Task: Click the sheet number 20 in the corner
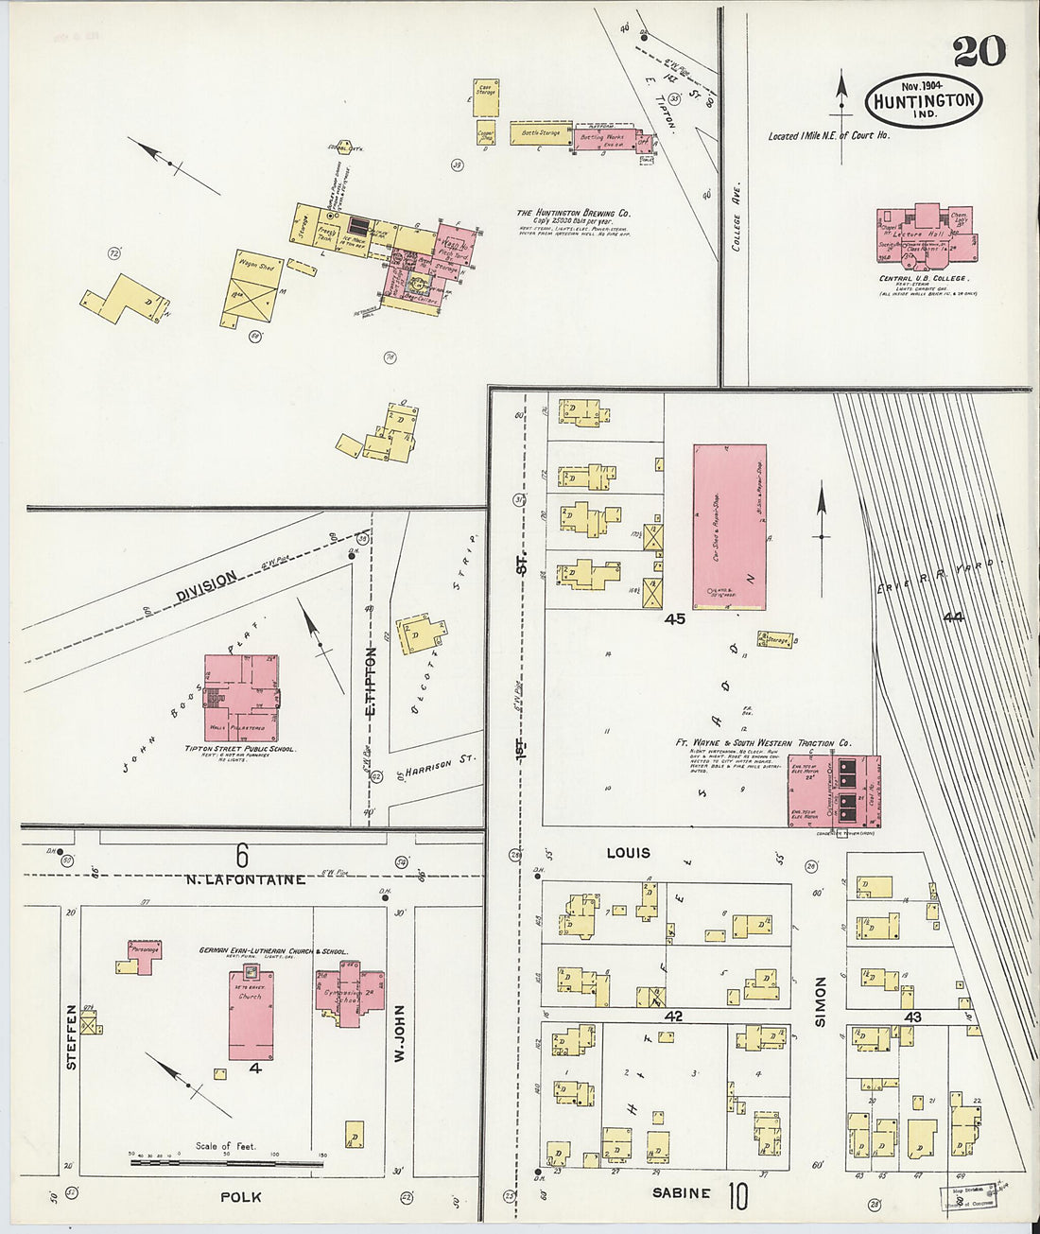(x=979, y=51)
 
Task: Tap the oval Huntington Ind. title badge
(x=923, y=99)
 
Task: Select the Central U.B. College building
(x=926, y=235)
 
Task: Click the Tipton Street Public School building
(x=241, y=698)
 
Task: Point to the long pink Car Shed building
(x=729, y=527)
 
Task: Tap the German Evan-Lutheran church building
(x=251, y=1014)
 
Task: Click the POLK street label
(x=240, y=1197)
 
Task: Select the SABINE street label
(x=681, y=1193)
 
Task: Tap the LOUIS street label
(x=628, y=853)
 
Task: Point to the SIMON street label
(x=820, y=1001)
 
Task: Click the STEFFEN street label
(x=71, y=1037)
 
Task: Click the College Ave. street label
(x=736, y=217)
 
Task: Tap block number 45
(x=674, y=619)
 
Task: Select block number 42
(x=673, y=1017)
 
